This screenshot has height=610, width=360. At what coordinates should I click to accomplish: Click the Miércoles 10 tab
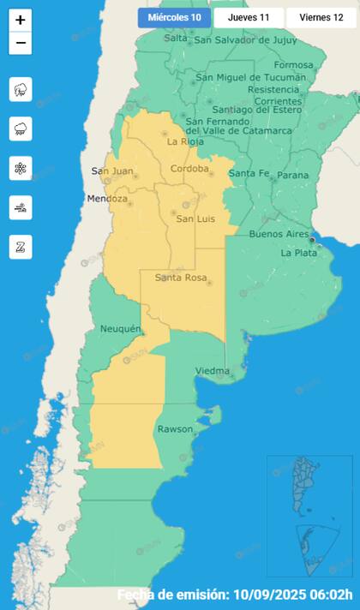tap(174, 17)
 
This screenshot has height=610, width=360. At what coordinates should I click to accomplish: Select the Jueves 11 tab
tap(249, 17)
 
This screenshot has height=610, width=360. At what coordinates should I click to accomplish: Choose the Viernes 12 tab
tap(321, 17)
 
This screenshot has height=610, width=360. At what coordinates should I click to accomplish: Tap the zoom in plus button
tap(21, 21)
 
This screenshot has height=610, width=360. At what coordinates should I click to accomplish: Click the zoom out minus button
tap(21, 43)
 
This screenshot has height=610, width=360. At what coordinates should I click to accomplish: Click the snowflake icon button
tap(21, 168)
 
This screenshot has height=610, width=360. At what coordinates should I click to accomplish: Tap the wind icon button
tap(21, 207)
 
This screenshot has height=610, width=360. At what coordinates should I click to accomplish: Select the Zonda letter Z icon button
tap(21, 247)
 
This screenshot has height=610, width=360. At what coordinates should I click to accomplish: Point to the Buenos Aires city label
tap(278, 234)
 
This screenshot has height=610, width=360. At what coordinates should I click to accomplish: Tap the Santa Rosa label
tap(183, 278)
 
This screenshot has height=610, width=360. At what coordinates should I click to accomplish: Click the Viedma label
tap(212, 370)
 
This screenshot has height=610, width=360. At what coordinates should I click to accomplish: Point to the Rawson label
tap(177, 429)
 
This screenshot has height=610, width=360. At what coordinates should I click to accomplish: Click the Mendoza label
tap(107, 199)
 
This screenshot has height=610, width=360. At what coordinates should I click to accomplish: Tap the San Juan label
tap(112, 171)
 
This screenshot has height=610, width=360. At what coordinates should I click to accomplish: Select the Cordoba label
tap(190, 169)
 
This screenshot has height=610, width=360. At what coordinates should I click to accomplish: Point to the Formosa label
tap(294, 65)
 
